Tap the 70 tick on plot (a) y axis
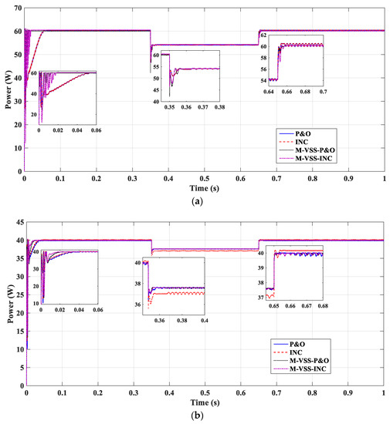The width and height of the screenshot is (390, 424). tap(17, 8)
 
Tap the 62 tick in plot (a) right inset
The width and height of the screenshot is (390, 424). tap(263, 36)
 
